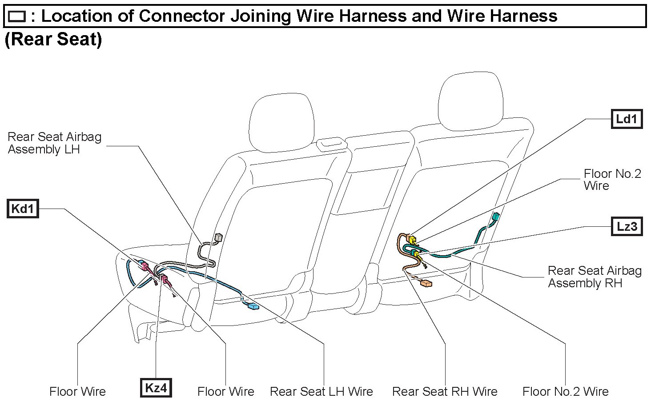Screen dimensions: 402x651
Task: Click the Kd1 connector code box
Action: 23,209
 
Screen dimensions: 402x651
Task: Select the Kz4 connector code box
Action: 156,388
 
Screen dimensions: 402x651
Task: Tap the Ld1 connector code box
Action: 627,119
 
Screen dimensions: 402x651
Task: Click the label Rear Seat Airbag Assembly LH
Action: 54,143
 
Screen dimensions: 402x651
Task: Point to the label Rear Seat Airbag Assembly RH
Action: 594,277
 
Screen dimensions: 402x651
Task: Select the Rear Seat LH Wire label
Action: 321,391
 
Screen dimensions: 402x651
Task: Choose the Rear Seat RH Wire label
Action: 444,391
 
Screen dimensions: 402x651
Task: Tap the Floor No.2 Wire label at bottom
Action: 565,391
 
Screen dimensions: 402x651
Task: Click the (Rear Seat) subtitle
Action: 53,39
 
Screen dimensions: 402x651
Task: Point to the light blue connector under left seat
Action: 253,306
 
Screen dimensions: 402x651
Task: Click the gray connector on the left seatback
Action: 218,237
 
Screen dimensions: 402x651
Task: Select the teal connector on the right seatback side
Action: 495,217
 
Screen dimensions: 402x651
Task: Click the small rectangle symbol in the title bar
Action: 17,17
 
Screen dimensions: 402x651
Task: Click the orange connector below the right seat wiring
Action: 426,283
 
